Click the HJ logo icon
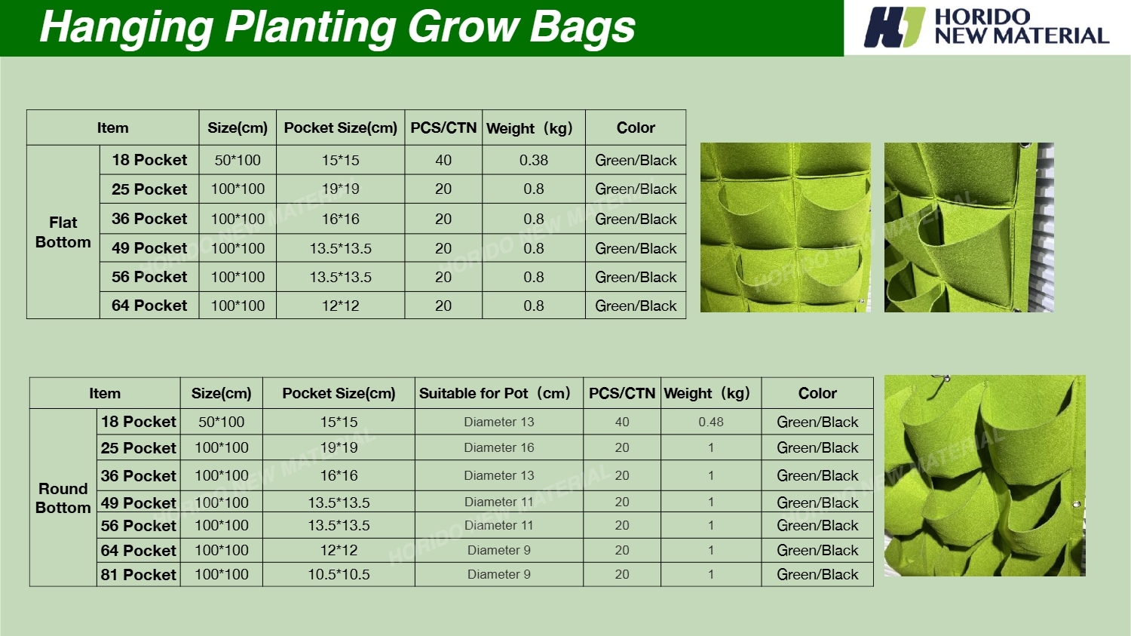pyautogui.click(x=894, y=26)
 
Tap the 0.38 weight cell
pyautogui.click(x=534, y=160)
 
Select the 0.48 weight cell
pyautogui.click(x=711, y=422)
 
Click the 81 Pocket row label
pyautogui.click(x=138, y=574)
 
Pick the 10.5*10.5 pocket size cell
pyautogui.click(x=339, y=574)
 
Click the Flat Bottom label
pyautogui.click(x=63, y=232)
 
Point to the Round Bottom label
pyautogui.click(x=63, y=498)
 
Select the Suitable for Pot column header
pyautogui.click(x=495, y=393)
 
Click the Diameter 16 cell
pyautogui.click(x=499, y=447)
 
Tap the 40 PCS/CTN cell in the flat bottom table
pyautogui.click(x=443, y=160)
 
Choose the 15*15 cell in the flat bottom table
pyautogui.click(x=340, y=160)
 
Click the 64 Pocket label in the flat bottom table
pyautogui.click(x=149, y=305)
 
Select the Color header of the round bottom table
pyautogui.click(x=817, y=393)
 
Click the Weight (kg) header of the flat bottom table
pyautogui.click(x=529, y=128)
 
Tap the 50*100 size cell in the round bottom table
pyautogui.click(x=221, y=422)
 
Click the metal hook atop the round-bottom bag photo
pyautogui.click(x=940, y=377)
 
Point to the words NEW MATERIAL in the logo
pyautogui.click(x=1022, y=36)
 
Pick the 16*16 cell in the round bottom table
pyautogui.click(x=339, y=475)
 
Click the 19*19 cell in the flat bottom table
pyautogui.click(x=340, y=189)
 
